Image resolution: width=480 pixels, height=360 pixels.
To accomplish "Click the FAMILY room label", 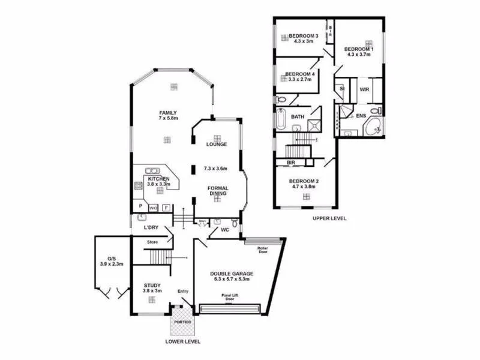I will tap(168, 113).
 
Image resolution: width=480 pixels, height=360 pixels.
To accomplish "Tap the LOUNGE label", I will tap(216, 145).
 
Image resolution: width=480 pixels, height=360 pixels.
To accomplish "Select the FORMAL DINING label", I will tap(218, 191).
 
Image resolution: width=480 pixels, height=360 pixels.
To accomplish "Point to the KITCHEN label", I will tap(159, 179).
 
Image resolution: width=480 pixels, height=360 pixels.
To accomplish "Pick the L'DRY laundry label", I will tap(151, 228).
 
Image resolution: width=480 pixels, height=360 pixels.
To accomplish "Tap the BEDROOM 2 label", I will tap(303, 181).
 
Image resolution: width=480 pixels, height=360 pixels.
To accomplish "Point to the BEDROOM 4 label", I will tap(299, 75).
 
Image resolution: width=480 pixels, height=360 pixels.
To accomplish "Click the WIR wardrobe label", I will tap(364, 89).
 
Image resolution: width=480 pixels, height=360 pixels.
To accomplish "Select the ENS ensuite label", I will tap(361, 115).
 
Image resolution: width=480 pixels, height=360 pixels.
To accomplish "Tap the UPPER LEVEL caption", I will tap(329, 218).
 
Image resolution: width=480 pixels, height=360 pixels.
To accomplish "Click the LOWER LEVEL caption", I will tap(182, 341).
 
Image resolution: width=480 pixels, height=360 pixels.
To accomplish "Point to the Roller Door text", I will tap(262, 249).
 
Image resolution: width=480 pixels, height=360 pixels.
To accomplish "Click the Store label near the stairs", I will tap(153, 242).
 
